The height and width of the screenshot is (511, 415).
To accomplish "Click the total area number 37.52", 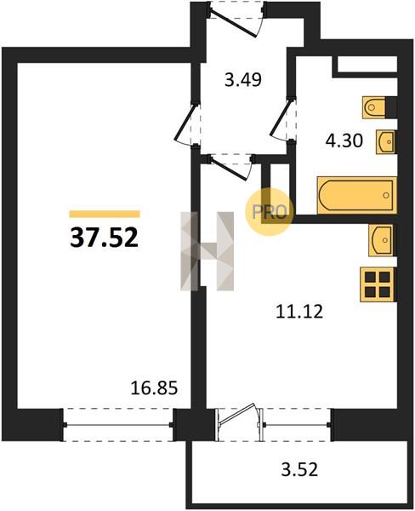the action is pyautogui.click(x=104, y=238).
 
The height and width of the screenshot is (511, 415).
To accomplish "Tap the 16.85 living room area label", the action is pyautogui.click(x=154, y=388).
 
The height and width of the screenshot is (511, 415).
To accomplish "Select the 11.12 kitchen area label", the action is pyautogui.click(x=299, y=311).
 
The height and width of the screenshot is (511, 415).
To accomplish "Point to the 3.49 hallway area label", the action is pyautogui.click(x=243, y=80).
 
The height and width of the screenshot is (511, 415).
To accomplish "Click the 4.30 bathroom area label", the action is pyautogui.click(x=344, y=141).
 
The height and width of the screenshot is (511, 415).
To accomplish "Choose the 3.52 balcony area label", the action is pyautogui.click(x=299, y=470).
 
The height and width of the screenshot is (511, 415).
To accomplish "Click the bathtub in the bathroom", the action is pyautogui.click(x=357, y=196).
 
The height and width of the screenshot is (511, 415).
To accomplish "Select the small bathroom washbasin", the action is pyautogui.click(x=386, y=141).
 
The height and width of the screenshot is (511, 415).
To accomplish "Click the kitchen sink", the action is pyautogui.click(x=381, y=240).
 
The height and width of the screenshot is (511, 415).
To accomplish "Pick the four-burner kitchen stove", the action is pyautogui.click(x=378, y=284).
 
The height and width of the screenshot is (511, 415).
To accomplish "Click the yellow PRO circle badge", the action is pyautogui.click(x=270, y=212).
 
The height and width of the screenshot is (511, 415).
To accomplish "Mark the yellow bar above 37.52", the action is pyautogui.click(x=105, y=214).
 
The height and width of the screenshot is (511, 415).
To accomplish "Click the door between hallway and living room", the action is pyautogui.click(x=187, y=123).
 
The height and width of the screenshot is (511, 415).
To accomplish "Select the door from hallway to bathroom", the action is pyautogui.click(x=282, y=119).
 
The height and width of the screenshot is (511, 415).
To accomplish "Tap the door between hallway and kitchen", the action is pyautogui.click(x=231, y=167).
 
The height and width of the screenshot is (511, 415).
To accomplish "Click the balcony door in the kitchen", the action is pyautogui.click(x=240, y=422).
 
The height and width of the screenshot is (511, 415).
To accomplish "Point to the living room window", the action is pyautogui.click(x=118, y=425).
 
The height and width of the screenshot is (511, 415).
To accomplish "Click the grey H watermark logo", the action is pyautogui.click(x=207, y=251).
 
